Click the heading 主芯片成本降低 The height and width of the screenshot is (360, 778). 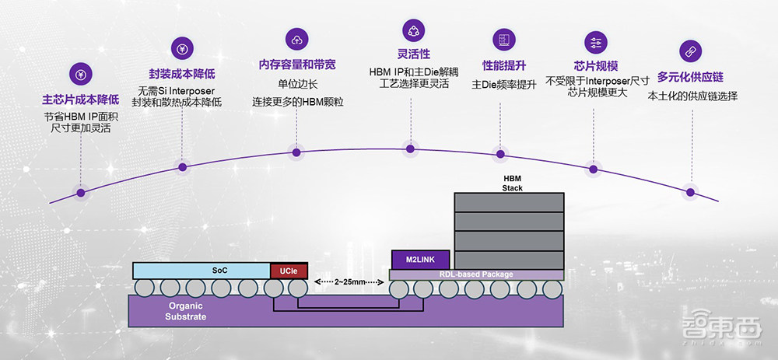point(81,100)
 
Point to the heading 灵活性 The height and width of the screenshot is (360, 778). point(411,54)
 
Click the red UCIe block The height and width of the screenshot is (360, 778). point(289,271)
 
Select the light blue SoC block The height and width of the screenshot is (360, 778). point(201,271)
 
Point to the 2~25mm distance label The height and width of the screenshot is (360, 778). point(349,282)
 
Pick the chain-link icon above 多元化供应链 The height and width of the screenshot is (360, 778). point(687,51)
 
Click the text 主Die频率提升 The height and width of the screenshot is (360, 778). point(503,85)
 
